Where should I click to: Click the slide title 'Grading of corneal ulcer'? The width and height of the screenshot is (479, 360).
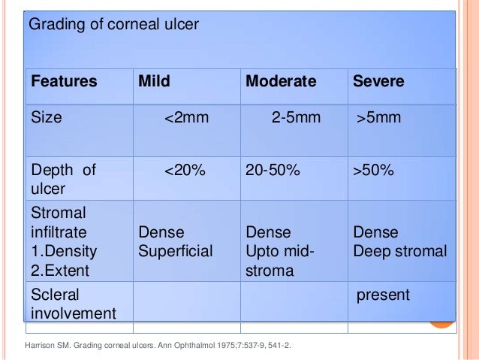113,25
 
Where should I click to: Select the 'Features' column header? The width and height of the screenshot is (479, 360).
64,81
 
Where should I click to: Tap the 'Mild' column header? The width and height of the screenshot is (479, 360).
155,81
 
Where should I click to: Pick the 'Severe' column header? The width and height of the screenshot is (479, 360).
378,81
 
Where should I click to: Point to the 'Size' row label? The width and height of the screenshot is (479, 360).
45,118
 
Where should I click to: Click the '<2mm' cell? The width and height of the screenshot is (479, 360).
185,118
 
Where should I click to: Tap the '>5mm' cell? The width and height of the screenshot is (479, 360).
379,118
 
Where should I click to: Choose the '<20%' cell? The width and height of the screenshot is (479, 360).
185,171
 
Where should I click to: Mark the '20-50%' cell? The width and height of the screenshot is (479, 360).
273,171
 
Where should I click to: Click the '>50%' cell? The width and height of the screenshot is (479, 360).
373,171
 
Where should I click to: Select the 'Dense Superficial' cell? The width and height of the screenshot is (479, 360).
176,241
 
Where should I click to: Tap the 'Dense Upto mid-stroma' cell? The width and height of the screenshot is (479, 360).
279,250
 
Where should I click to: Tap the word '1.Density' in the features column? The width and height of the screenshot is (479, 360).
64,250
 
